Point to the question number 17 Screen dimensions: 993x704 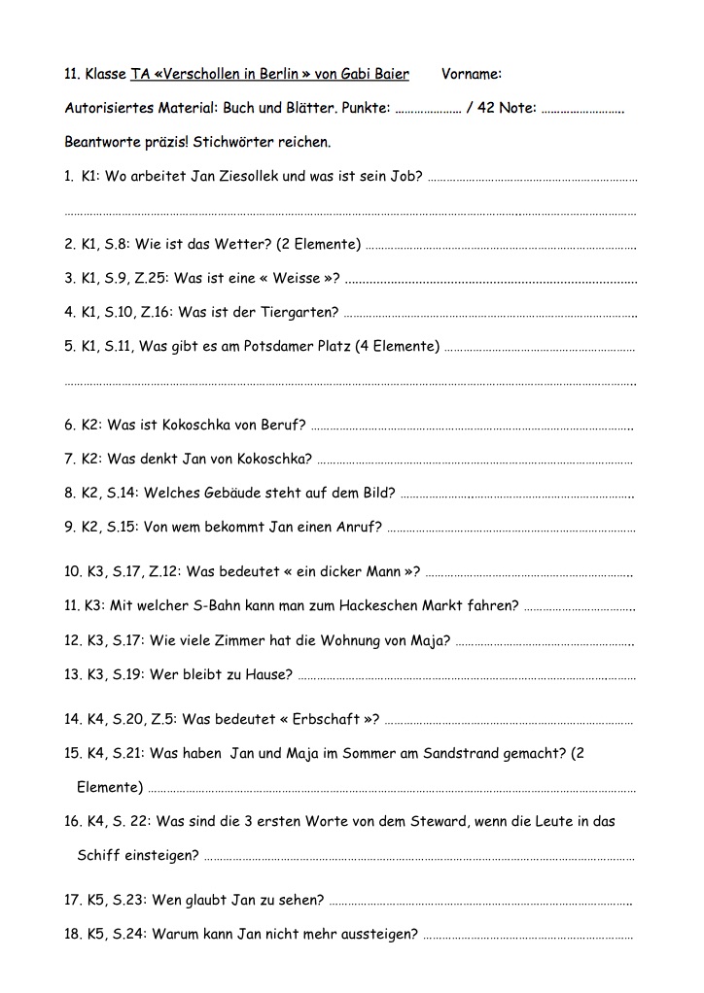(71, 900)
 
